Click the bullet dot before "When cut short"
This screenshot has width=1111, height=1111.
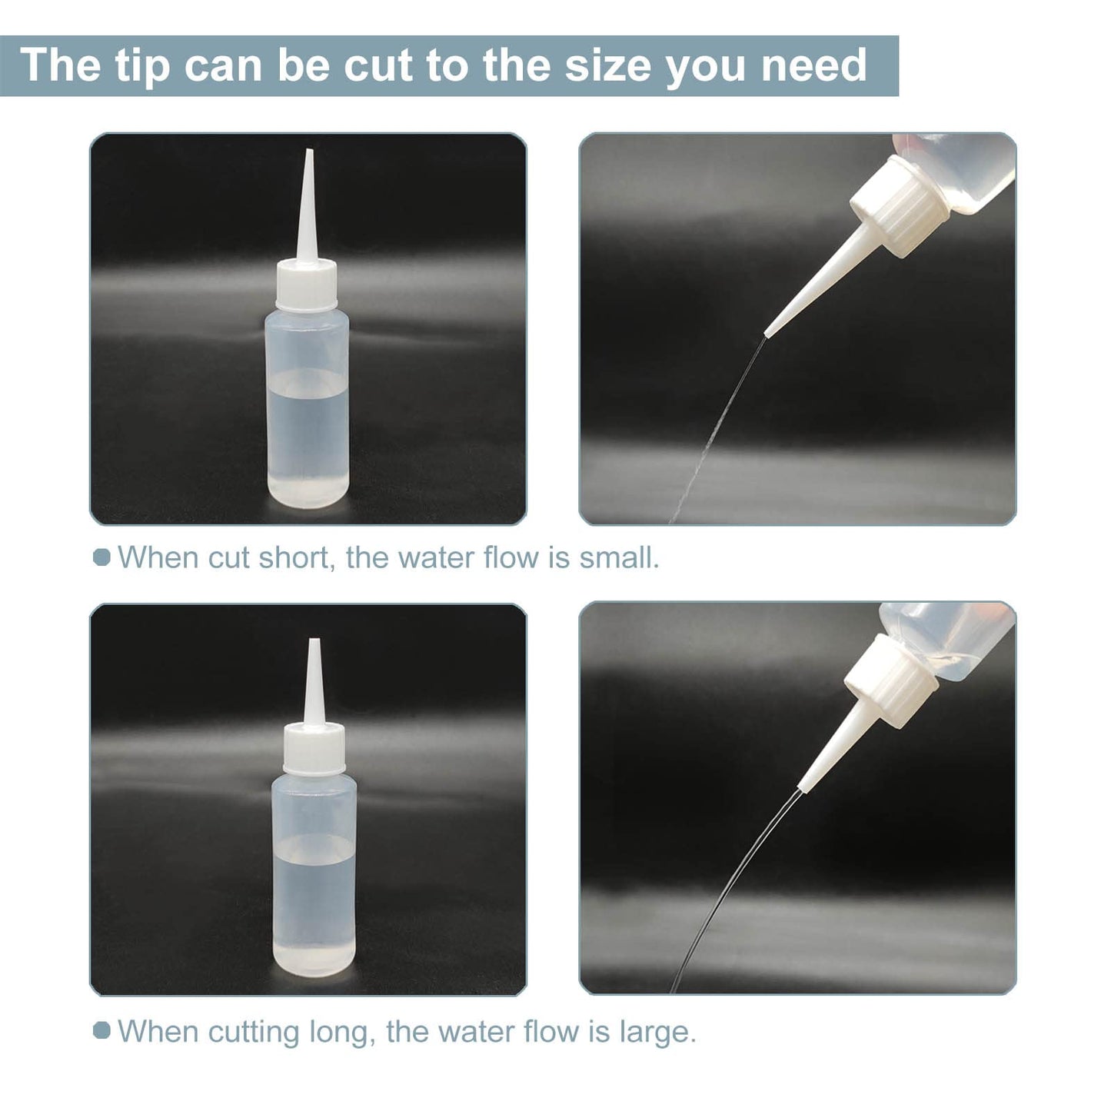(101, 557)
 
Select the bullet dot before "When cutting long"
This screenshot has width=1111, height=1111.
(101, 1031)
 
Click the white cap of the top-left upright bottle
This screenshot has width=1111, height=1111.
(306, 284)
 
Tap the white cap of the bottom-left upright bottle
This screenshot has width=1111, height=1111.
(314, 750)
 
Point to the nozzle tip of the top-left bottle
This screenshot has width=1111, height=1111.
(310, 151)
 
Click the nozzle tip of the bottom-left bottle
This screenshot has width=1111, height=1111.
(314, 641)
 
